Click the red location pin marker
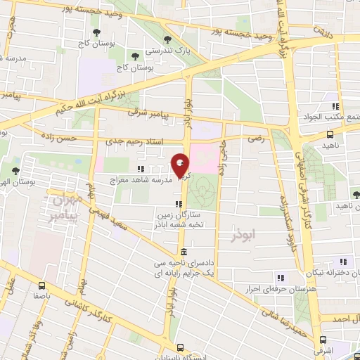point(180,165)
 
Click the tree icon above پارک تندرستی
point(167,39)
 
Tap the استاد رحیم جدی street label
point(137,141)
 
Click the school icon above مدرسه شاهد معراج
point(141,169)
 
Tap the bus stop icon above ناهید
point(330,136)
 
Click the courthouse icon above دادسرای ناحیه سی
point(183,252)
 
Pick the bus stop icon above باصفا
point(42,286)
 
